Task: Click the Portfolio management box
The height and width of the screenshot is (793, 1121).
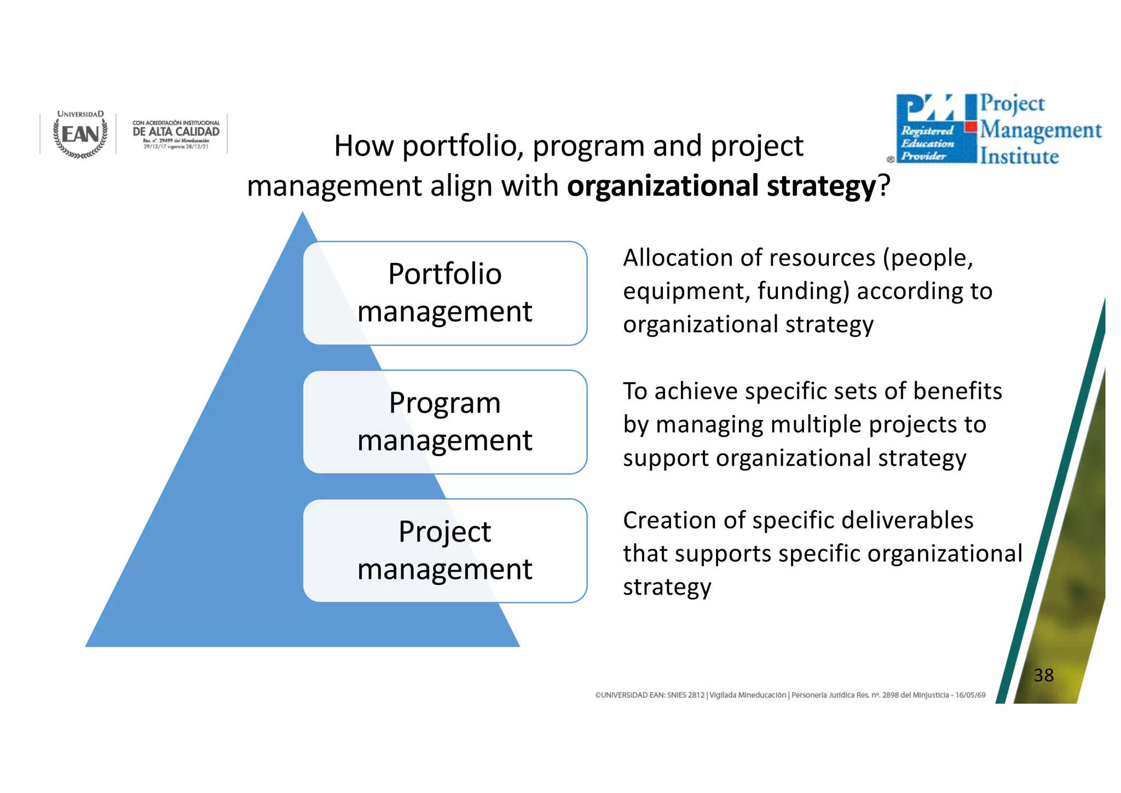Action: point(444,293)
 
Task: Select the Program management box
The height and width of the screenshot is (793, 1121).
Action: point(444,422)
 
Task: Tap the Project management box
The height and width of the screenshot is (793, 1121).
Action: point(444,550)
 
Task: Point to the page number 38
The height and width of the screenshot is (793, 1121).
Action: point(1043,675)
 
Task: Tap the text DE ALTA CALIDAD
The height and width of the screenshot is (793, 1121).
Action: point(176,132)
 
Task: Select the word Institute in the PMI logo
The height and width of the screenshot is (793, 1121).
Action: point(1019,157)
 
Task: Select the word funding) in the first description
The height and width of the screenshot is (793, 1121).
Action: point(804,291)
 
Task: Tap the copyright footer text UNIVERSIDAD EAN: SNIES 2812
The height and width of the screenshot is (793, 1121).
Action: point(650,696)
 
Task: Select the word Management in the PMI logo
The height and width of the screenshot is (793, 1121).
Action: point(1041,130)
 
